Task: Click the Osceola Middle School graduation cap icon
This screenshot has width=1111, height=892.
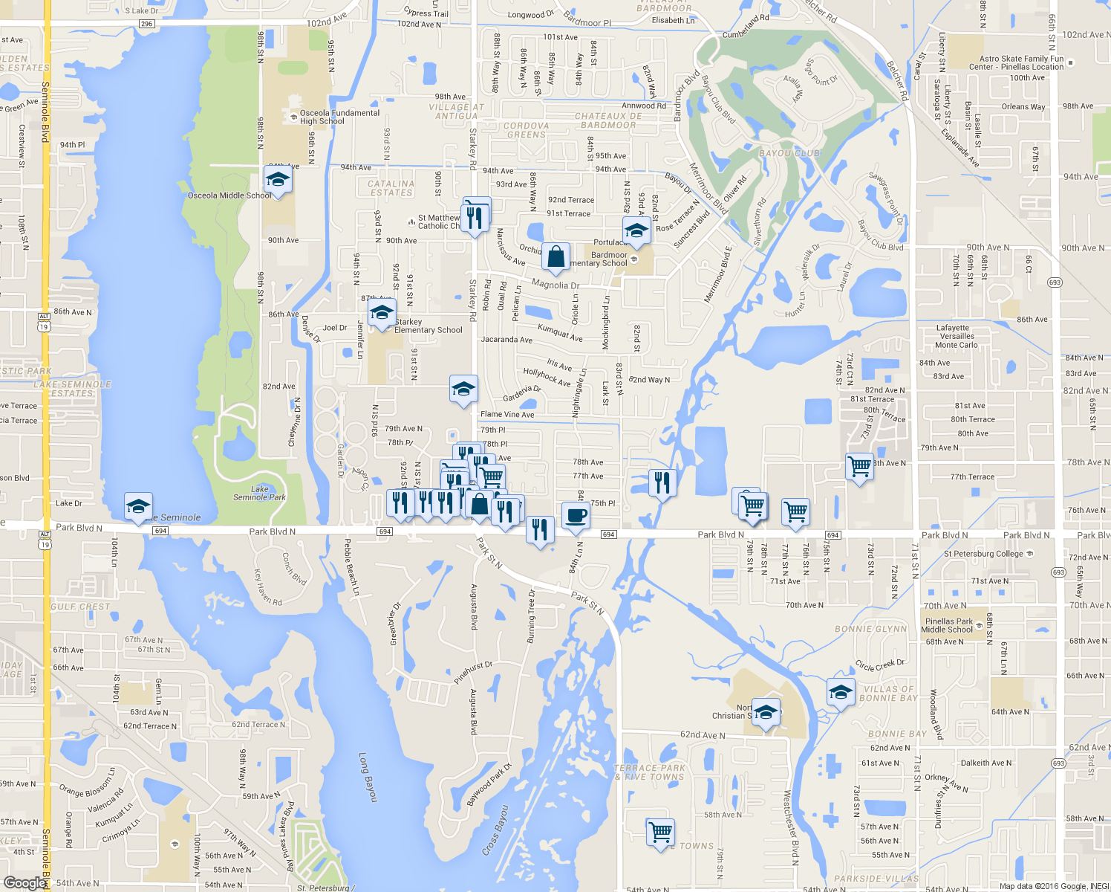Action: pos(278,180)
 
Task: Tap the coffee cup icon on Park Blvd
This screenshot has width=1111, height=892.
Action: pos(576,515)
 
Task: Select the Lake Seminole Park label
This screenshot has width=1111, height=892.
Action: pos(259,493)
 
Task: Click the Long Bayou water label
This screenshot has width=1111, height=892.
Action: pos(368,778)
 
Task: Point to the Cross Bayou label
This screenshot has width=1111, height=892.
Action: pos(495,830)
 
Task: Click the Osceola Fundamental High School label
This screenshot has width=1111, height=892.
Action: pos(339,117)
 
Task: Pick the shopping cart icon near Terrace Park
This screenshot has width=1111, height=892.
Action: pos(659,830)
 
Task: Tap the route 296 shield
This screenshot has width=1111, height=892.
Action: pos(146,24)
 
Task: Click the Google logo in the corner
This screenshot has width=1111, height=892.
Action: pos(25,882)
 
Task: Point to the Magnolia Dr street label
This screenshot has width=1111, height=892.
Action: pos(555,285)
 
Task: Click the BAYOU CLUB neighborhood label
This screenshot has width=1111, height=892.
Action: pos(789,153)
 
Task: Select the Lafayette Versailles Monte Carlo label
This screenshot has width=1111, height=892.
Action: pos(956,336)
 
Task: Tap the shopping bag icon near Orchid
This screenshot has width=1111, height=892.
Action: pos(555,256)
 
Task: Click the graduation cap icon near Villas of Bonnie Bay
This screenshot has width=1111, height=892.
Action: pos(840,692)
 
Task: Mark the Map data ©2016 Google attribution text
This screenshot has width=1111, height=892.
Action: pos(1054,886)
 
